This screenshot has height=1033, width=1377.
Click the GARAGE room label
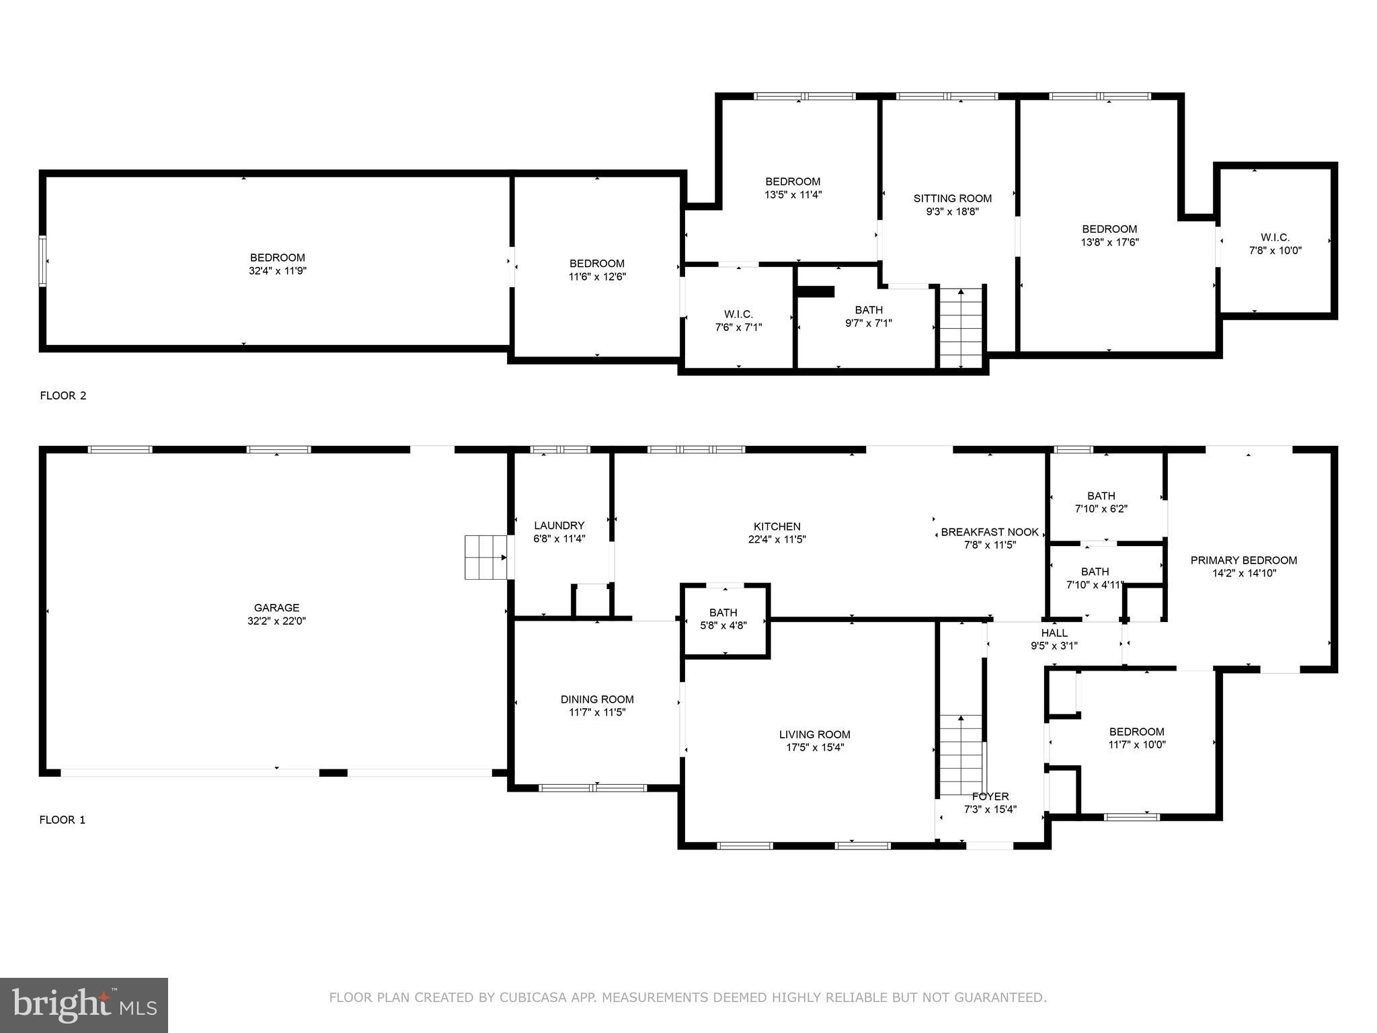[x=276, y=608]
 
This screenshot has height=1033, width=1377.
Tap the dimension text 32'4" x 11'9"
[x=277, y=271]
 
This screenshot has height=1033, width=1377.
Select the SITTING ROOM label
[x=952, y=198]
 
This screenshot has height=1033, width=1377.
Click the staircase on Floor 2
[x=961, y=328]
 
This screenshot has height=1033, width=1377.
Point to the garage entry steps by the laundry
[x=485, y=557]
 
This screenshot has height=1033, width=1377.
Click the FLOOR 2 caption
[x=63, y=395]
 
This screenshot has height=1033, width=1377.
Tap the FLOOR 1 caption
[x=63, y=820]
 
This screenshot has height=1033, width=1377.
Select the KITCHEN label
[x=777, y=527]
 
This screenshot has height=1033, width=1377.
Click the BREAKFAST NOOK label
[x=989, y=532]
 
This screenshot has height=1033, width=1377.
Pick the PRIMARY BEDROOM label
[x=1243, y=560]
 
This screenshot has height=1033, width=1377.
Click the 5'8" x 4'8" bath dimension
[x=723, y=625]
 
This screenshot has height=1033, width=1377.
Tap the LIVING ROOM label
[x=814, y=734]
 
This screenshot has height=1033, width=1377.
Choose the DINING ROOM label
[x=597, y=699]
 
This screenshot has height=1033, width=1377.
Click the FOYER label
[x=990, y=796]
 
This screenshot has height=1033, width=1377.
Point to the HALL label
[x=1054, y=633]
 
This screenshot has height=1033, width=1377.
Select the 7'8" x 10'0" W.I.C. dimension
[x=1275, y=251]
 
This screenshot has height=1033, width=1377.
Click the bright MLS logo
[x=84, y=1005]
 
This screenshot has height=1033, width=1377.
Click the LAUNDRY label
[x=559, y=525]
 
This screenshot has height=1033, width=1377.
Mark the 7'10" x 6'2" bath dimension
[x=1101, y=509]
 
